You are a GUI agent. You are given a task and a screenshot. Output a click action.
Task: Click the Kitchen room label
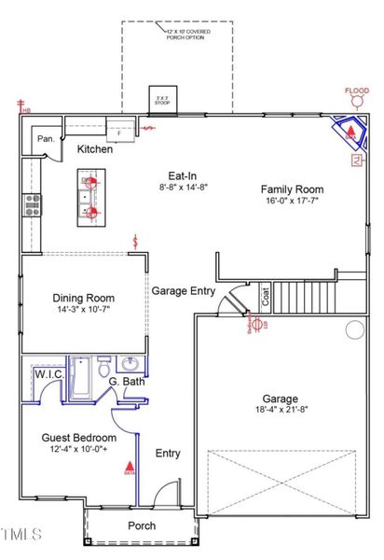click(94, 149)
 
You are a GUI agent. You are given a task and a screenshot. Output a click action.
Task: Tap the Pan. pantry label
click(46, 139)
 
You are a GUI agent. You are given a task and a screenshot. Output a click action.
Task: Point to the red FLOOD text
click(356, 91)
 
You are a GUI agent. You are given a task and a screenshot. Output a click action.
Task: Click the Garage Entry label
click(184, 291)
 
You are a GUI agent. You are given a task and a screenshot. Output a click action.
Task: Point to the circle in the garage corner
click(354, 329)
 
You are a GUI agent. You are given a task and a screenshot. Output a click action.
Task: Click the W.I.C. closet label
click(48, 374)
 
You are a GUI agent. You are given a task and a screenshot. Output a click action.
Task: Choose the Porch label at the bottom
click(142, 525)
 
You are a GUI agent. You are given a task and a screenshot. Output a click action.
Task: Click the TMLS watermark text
click(21, 534)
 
